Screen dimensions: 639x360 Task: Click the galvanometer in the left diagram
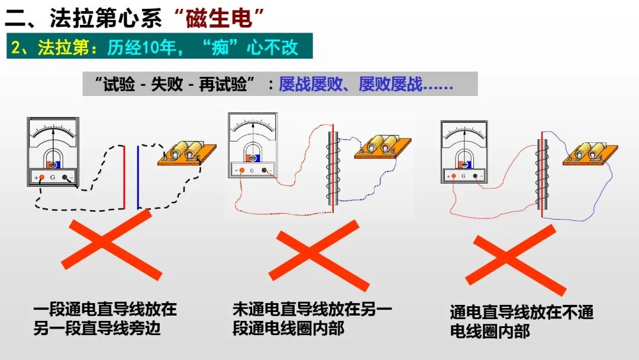(53, 152)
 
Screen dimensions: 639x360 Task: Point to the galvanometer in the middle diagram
(253, 146)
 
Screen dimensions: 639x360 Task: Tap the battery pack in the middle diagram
(382, 146)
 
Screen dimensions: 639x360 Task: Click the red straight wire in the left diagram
(124, 177)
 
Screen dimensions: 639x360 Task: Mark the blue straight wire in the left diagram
(138, 177)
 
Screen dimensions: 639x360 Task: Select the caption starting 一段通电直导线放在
(105, 319)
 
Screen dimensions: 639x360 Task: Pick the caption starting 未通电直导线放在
(312, 319)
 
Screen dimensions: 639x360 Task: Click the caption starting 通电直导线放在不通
(521, 321)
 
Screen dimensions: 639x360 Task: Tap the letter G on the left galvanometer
(53, 177)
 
